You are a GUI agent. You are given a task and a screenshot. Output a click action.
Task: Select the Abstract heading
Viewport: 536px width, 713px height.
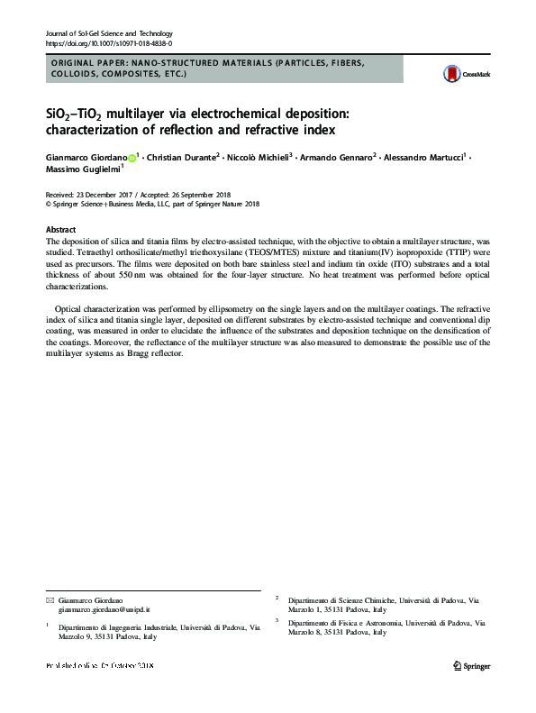(x=60, y=231)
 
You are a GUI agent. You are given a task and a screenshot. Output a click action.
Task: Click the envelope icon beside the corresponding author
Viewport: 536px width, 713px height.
(x=50, y=600)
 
